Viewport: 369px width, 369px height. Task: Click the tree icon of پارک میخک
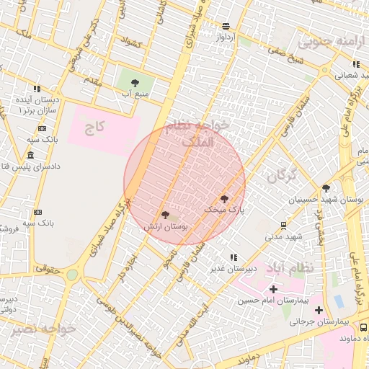[x=224, y=197]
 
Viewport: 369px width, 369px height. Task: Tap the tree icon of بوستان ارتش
[x=166, y=214]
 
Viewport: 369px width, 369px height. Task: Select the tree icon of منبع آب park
[x=135, y=82]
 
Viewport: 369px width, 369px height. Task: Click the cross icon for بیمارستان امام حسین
[x=272, y=289]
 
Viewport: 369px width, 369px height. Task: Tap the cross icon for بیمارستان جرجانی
[x=319, y=311]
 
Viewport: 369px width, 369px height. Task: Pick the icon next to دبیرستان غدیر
[x=234, y=257]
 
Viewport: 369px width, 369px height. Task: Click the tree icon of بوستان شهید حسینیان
[x=326, y=187]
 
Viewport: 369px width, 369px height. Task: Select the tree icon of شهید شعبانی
[x=337, y=63]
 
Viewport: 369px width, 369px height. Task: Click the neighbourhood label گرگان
[x=281, y=176]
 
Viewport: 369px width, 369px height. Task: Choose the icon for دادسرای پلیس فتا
[x=30, y=156]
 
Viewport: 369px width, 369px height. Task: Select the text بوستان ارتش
[x=166, y=226]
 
